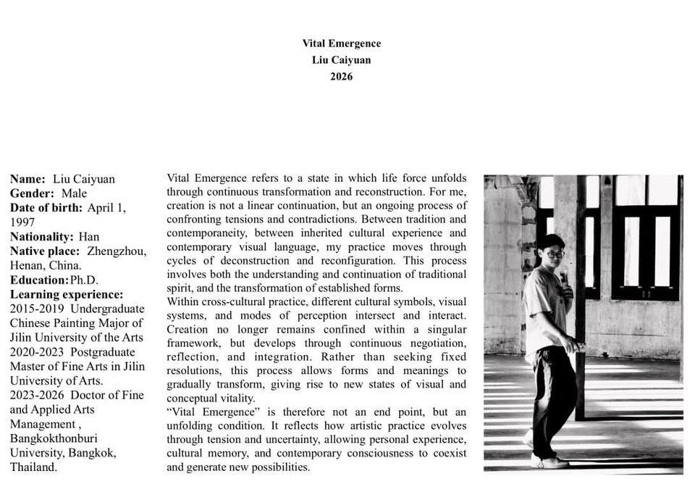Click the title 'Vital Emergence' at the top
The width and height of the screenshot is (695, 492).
[x=341, y=43]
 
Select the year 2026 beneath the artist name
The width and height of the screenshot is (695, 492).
[x=341, y=76]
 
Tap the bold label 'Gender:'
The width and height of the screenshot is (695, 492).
[x=32, y=193]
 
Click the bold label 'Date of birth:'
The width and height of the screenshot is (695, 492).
[x=47, y=208]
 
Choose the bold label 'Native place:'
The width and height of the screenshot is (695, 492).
[x=45, y=251]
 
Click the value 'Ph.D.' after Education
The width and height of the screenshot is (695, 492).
[x=84, y=280]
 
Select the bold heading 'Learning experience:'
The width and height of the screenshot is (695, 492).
[x=67, y=295]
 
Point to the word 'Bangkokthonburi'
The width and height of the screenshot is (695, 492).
[x=54, y=438]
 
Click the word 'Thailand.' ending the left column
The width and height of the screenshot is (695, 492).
[x=33, y=467]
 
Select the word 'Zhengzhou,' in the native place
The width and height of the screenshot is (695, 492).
[x=117, y=251]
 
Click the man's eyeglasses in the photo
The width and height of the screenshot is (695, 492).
[x=556, y=254]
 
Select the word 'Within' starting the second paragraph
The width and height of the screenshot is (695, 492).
[x=182, y=302]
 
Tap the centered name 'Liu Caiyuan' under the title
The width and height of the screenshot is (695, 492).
[x=341, y=60]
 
